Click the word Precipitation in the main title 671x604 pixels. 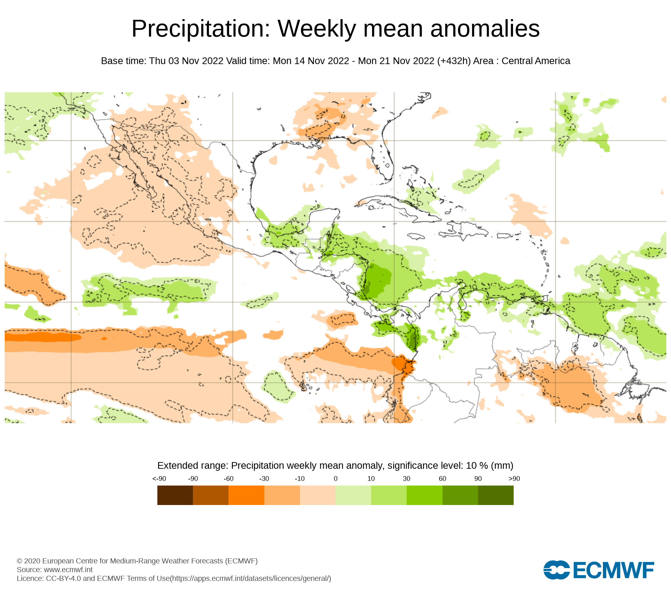click(201, 29)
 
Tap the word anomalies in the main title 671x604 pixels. click(485, 29)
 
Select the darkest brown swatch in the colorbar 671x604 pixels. click(175, 495)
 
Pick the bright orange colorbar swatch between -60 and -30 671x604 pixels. click(246, 495)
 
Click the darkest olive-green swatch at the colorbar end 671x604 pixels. click(496, 495)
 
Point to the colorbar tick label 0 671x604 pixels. click(335, 479)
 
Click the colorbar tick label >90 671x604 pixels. click(514, 479)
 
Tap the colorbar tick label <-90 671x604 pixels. click(159, 479)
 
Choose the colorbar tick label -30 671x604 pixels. click(264, 479)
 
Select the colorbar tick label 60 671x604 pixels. click(443, 479)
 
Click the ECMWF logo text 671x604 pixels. click(614, 570)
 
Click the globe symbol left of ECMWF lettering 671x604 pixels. click(556, 570)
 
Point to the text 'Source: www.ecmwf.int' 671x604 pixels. click(55, 569)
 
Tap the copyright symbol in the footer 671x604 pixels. click(19, 561)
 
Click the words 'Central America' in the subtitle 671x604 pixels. click(536, 61)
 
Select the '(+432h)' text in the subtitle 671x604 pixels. click(454, 61)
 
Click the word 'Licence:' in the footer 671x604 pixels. click(30, 578)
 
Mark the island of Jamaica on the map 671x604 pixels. click(416, 237)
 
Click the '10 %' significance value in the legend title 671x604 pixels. click(477, 466)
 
